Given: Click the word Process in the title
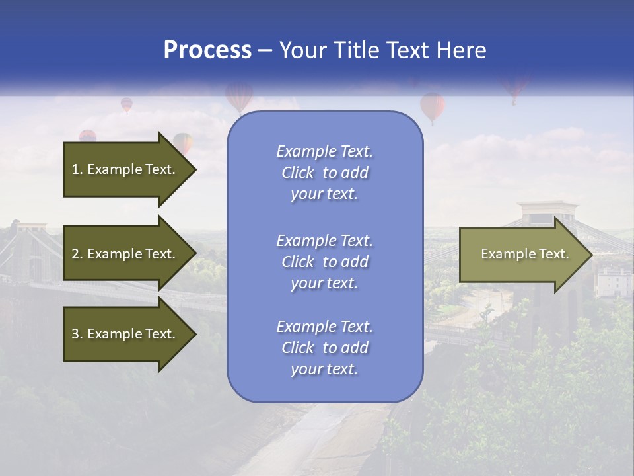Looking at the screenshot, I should (x=207, y=50).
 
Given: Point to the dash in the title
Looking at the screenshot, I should (x=265, y=51).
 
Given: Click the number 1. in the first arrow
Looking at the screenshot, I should (x=77, y=169).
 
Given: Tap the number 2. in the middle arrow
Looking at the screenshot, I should (x=77, y=254).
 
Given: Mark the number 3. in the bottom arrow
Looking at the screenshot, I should (x=77, y=334).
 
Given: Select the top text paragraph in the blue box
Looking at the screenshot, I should (x=324, y=173).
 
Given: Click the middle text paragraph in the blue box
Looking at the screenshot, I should (x=324, y=262).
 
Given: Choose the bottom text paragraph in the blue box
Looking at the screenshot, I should (x=324, y=348).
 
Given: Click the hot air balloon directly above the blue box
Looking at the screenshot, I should (x=239, y=96).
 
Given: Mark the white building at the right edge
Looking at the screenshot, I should (x=614, y=281).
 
